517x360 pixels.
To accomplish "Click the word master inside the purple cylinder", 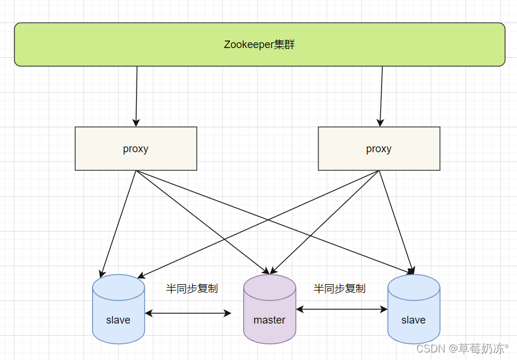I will point(269,320).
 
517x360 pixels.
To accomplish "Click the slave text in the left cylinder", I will point(118,320).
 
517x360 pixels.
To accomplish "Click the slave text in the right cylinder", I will point(413,320).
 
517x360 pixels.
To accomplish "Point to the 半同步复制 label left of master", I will point(192,288).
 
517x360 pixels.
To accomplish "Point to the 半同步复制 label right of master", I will point(339,288).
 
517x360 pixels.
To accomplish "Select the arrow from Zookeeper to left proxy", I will point(137,95).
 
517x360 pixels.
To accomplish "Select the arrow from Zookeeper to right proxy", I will point(381,95).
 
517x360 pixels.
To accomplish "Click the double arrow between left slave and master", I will point(188,313).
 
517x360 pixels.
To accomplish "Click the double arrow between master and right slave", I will point(342,310).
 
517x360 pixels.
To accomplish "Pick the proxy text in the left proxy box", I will point(135,149).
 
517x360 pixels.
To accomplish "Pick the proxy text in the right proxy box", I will point(379,149).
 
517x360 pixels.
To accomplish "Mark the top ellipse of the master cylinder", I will point(269,285).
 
